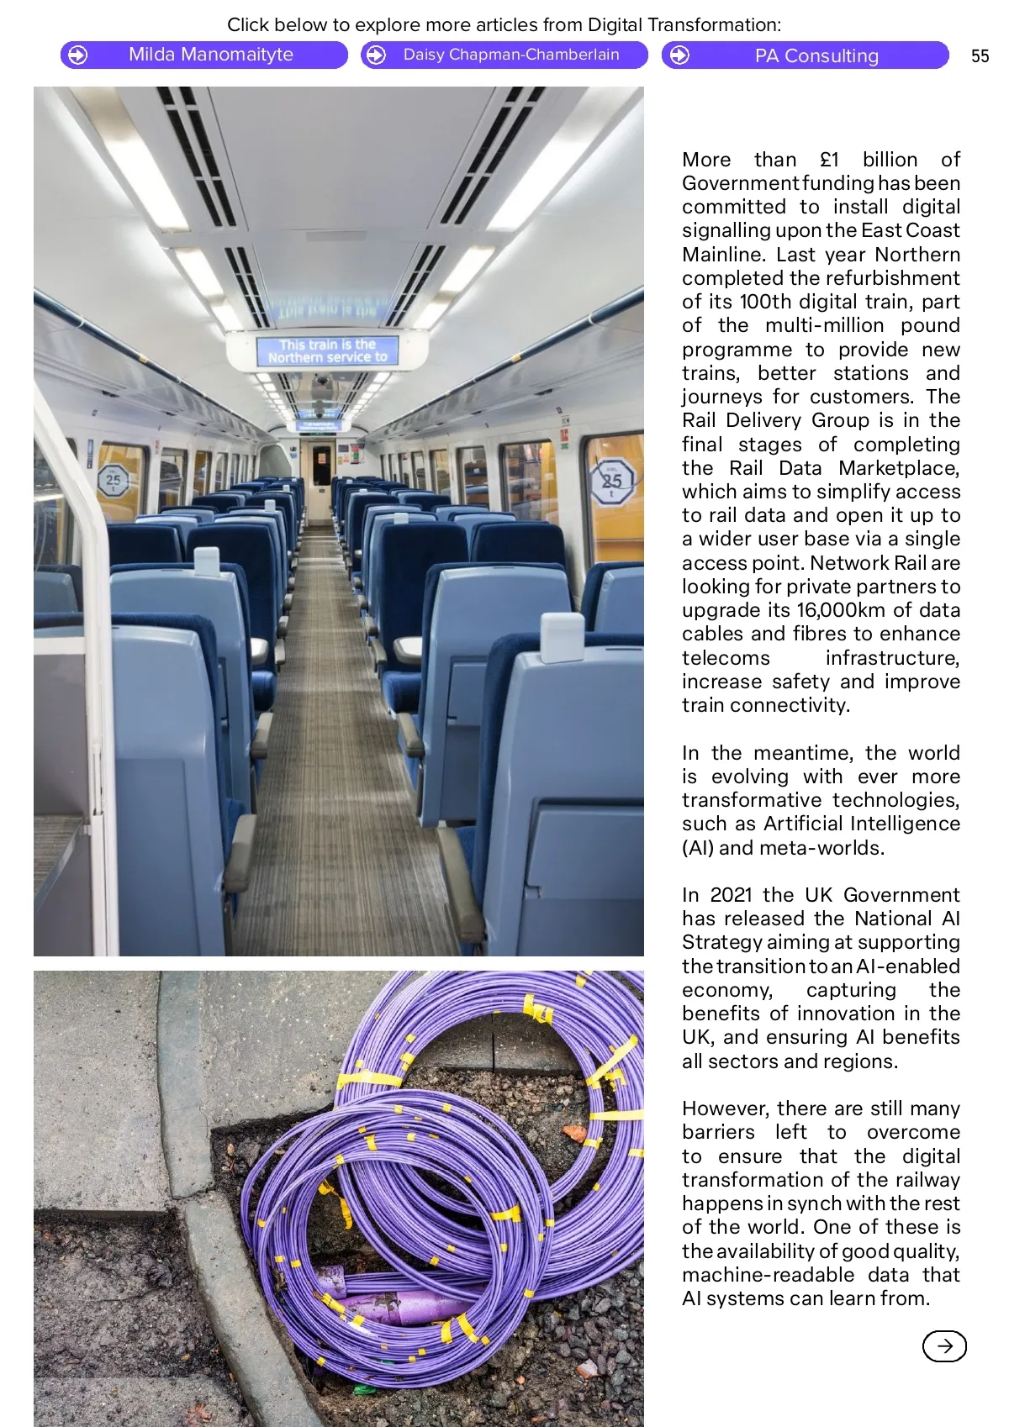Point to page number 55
tap(980, 56)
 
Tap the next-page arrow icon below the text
tap(944, 1345)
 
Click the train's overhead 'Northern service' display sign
tap(327, 350)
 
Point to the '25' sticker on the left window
tap(114, 482)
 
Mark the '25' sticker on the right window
tap(611, 482)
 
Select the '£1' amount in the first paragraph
tap(829, 160)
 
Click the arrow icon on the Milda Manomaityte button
tap(77, 55)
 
